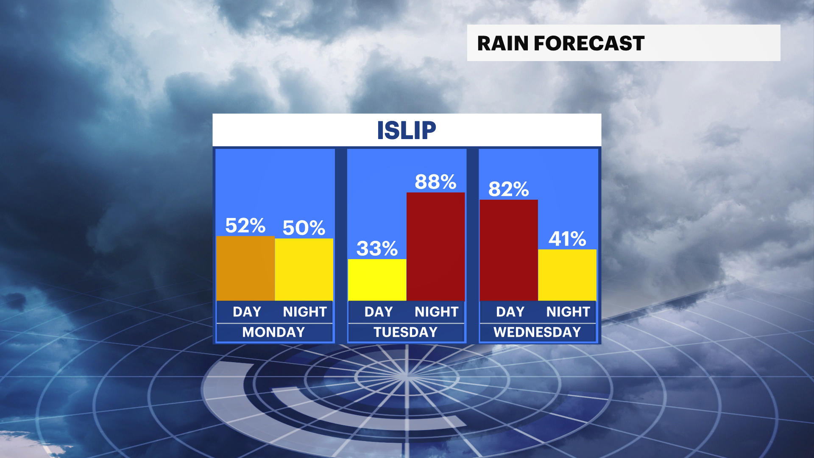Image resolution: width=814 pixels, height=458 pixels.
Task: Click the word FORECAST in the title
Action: [589, 43]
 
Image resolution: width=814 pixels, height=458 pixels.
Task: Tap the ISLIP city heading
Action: [407, 130]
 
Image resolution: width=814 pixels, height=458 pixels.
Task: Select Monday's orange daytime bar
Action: [245, 268]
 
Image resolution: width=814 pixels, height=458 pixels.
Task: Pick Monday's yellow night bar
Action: [304, 270]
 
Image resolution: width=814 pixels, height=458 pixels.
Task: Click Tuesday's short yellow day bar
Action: [377, 280]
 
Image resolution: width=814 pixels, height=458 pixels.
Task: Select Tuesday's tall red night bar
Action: [436, 247]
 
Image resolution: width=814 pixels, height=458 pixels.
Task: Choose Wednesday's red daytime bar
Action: [509, 250]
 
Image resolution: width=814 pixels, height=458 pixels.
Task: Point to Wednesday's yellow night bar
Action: [567, 275]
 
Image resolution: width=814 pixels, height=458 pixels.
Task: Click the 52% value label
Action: [245, 225]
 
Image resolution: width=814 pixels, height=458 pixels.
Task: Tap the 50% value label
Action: [304, 228]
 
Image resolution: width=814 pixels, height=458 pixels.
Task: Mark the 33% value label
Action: [377, 249]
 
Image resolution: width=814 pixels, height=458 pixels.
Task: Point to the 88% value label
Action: [436, 182]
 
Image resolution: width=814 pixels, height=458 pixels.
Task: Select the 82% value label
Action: [509, 189]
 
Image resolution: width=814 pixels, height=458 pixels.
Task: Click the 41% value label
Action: [567, 239]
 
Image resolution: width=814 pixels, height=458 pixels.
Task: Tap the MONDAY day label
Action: [273, 332]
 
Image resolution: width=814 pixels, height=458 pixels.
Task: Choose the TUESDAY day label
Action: [406, 332]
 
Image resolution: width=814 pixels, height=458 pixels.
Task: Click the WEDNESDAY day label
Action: [537, 332]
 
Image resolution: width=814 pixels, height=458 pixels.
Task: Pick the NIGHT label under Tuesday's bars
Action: [437, 312]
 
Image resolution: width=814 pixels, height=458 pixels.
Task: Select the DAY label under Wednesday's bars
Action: [510, 312]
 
